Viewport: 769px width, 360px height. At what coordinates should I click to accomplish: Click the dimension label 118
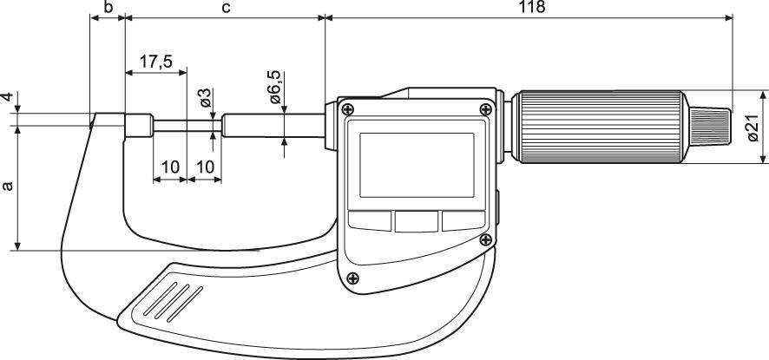point(531,7)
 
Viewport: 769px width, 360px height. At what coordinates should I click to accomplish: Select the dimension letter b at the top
point(108,7)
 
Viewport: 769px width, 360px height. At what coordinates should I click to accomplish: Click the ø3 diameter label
point(205,97)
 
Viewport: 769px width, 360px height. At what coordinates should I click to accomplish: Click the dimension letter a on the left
point(8,187)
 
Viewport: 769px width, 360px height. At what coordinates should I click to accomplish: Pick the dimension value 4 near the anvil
point(8,98)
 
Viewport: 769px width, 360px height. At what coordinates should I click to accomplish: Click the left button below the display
point(370,221)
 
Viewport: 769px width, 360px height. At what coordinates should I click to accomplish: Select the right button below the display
point(461,221)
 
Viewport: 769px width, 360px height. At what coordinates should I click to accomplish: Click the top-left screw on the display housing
point(348,108)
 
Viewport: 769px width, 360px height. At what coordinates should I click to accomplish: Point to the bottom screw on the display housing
point(352,278)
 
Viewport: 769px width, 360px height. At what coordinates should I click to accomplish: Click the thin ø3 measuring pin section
point(187,126)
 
